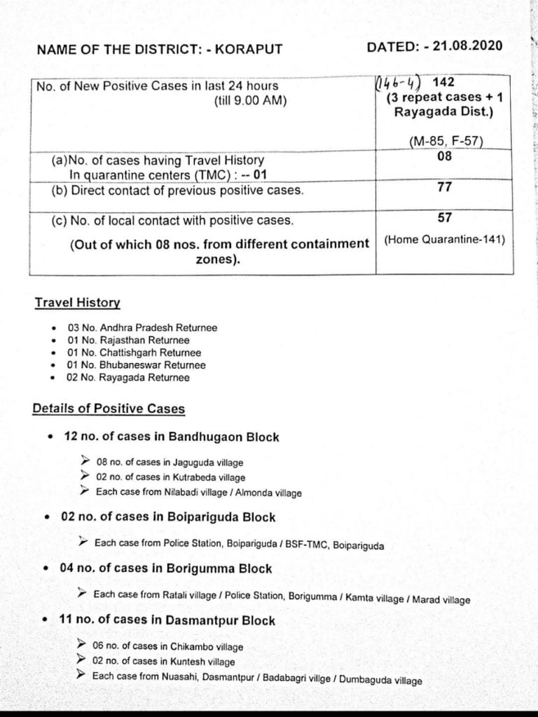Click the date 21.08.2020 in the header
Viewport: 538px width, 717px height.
pos(467,46)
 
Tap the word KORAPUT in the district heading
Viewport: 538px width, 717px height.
pos(249,49)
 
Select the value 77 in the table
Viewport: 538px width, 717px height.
pos(444,187)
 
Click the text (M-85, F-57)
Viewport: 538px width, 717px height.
pos(446,142)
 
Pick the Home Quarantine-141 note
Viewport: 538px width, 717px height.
pos(445,240)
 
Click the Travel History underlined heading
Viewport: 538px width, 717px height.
pos(77,303)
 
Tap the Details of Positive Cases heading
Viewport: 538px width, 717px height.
pos(109,409)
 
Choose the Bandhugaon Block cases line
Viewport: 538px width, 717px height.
pos(171,437)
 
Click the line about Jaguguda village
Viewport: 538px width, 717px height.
pos(170,463)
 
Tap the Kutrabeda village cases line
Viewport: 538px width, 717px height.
pos(171,477)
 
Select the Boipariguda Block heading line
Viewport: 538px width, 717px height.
pos(168,517)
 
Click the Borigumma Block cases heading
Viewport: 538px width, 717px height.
pos(166,568)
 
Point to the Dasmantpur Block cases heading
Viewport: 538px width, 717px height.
pos(167,620)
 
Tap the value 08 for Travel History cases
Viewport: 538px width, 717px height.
pos(444,156)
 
